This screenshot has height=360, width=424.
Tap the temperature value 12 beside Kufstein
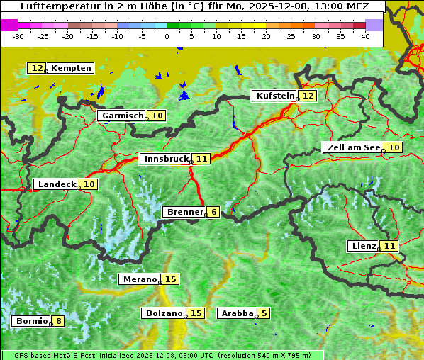pos(308,96)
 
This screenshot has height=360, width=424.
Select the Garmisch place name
pos(123,116)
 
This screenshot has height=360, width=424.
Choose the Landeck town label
pos(57,184)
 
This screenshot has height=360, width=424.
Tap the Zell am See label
pos(352,147)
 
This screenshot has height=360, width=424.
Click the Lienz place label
pos(364,246)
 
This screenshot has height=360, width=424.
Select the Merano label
pos(138,279)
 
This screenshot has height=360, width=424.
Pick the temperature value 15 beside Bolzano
pos(196,313)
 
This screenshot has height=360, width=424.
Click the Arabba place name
pos(237,313)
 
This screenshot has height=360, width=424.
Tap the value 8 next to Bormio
pos(58,321)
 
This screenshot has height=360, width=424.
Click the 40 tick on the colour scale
pos(365,35)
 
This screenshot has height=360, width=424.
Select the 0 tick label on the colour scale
pos(167,35)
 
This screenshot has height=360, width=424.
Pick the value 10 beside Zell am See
pos(394,147)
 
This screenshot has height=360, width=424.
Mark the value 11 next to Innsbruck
pos(203,159)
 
